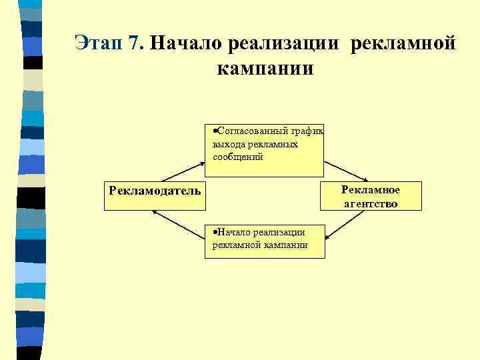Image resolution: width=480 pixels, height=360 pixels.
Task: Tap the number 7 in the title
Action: [x=136, y=43]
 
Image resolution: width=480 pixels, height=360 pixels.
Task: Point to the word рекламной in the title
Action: [x=403, y=44]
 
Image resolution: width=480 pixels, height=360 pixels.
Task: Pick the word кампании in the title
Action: [x=265, y=69]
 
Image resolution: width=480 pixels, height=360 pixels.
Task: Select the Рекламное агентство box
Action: [x=371, y=196]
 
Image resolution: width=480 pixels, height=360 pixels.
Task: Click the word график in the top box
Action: [x=306, y=131]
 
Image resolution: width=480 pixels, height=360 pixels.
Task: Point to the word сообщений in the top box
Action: [x=238, y=157]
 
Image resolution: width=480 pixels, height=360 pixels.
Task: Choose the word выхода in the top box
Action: [x=227, y=144]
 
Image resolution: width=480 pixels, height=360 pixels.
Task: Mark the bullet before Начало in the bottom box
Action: [x=208, y=232]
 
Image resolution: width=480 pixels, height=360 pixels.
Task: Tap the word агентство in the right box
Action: [x=371, y=203]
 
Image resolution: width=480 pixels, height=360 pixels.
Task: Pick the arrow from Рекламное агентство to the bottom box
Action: [x=347, y=225]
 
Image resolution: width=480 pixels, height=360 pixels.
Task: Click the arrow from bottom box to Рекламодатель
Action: [x=178, y=225]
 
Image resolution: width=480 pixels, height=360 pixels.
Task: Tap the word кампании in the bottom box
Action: [x=286, y=245]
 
